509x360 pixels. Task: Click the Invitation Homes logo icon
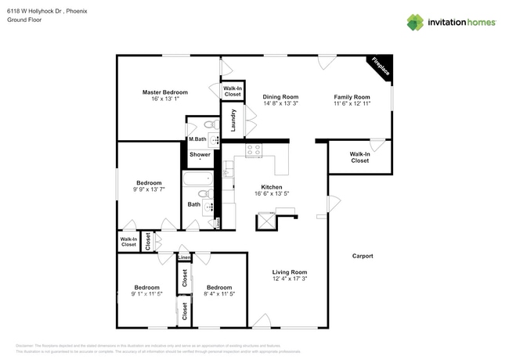tap(415, 22)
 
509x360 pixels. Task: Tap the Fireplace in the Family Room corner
tap(381, 68)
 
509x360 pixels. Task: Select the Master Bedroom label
tap(164, 92)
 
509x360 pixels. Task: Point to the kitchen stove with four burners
tap(254, 150)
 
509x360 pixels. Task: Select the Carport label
tap(363, 256)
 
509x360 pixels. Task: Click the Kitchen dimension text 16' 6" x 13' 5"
tap(272, 194)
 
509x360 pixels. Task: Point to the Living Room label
tap(289, 272)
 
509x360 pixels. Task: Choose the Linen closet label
tap(184, 257)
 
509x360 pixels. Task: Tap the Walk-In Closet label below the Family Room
tap(359, 157)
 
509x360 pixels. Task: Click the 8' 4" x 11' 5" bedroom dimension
tap(219, 293)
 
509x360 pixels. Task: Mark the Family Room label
tap(351, 96)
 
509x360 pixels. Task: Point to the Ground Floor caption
tap(26, 20)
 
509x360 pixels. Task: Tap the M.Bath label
tap(197, 140)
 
